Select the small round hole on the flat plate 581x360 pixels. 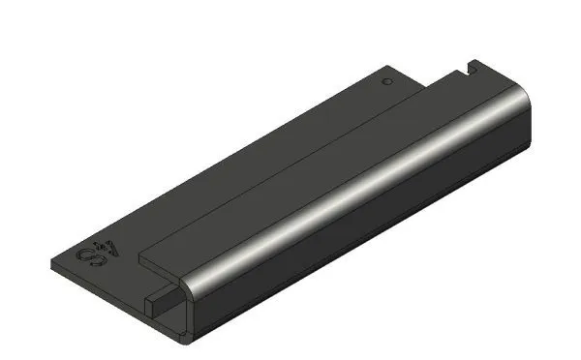click(386, 83)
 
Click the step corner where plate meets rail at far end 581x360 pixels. click(427, 84)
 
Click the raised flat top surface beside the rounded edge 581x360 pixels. click(290, 174)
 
